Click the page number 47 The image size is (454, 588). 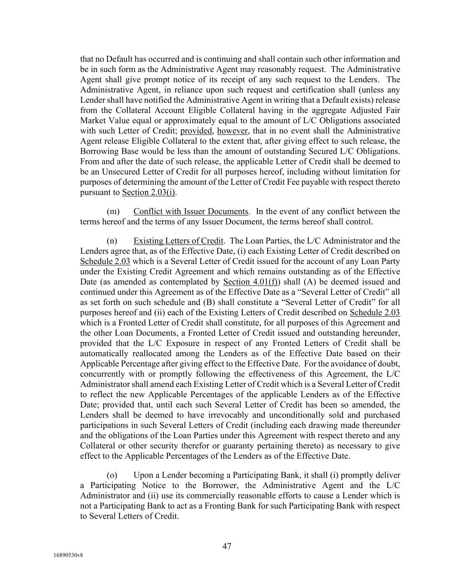(x=227, y=546)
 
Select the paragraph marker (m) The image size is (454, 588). (x=113, y=212)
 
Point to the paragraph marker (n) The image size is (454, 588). (x=113, y=241)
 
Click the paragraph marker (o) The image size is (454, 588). (x=112, y=475)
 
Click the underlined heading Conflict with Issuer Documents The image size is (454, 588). (x=191, y=212)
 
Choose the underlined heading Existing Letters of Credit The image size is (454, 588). (x=178, y=241)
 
